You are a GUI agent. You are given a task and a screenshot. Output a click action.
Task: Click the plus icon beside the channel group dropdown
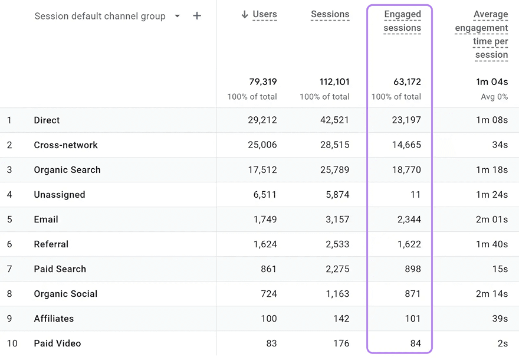[197, 15]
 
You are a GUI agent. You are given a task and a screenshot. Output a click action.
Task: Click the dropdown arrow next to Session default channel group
[178, 16]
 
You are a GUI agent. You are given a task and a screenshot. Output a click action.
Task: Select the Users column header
[264, 14]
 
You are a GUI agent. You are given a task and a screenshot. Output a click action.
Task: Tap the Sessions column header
[330, 14]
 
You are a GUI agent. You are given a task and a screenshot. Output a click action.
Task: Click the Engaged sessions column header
[402, 21]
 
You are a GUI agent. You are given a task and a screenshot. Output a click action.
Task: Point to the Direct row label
[47, 120]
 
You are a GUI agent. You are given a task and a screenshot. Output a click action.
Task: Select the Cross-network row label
[65, 145]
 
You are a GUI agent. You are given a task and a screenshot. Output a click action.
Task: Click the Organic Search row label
[67, 170]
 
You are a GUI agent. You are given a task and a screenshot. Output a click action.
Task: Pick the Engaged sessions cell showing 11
[415, 194]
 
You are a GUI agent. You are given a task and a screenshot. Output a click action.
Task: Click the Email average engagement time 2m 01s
[492, 219]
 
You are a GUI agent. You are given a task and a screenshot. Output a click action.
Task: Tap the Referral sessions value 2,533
[337, 244]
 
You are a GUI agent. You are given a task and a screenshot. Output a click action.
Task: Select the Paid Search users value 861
[268, 269]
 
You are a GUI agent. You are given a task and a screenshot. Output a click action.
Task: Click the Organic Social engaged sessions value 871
[413, 294]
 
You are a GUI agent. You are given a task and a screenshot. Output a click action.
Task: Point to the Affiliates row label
[54, 319]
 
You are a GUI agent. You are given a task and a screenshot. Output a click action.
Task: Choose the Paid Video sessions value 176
[341, 343]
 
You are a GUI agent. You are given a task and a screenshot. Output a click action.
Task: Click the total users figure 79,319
[263, 82]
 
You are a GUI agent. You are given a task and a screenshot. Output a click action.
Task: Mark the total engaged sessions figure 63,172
[407, 82]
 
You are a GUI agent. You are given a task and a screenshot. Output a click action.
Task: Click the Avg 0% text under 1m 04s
[494, 97]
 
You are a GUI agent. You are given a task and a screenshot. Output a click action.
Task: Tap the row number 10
[12, 343]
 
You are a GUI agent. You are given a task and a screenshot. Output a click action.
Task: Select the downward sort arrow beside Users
[245, 14]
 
